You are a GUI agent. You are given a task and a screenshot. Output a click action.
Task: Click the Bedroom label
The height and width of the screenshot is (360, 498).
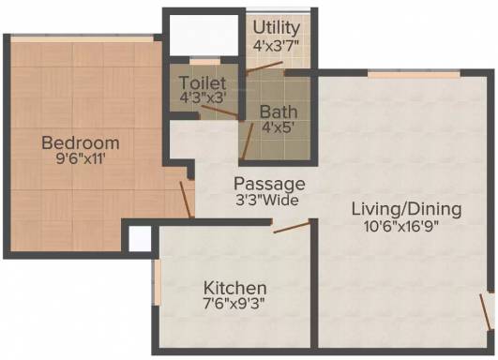click(x=81, y=142)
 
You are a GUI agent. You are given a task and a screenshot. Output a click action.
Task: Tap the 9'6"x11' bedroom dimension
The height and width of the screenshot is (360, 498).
click(x=81, y=158)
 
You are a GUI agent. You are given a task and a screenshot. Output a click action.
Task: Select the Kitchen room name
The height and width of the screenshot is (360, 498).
click(x=235, y=288)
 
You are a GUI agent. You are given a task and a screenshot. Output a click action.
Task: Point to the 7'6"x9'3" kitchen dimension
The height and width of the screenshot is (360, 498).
click(x=234, y=304)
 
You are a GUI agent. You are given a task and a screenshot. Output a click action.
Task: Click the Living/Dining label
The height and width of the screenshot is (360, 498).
click(x=406, y=209)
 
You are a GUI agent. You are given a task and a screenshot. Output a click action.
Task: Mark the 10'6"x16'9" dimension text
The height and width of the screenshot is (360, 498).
click(x=401, y=226)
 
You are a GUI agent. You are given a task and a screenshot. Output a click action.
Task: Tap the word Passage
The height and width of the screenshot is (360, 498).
click(x=269, y=184)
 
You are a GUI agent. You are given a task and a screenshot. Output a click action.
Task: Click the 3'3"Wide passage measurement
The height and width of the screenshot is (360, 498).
click(x=266, y=200)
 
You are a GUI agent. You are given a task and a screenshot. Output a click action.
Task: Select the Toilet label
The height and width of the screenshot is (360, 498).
click(x=203, y=82)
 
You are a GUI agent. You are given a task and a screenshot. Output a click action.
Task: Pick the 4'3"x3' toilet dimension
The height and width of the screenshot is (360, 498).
click(x=203, y=97)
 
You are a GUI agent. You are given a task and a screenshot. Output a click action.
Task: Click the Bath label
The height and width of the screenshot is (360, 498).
click(x=279, y=112)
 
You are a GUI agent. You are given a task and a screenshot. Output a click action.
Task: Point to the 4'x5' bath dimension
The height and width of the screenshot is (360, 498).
click(x=278, y=127)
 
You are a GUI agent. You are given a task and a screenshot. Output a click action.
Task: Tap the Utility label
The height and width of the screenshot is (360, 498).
click(x=277, y=28)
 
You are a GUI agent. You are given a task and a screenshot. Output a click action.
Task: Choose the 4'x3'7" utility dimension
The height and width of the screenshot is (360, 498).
click(x=276, y=45)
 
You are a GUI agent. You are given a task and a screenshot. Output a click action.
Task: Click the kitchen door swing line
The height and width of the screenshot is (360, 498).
click(x=292, y=227)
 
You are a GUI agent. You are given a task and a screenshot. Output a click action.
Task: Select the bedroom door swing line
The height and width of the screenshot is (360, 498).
click(x=185, y=200)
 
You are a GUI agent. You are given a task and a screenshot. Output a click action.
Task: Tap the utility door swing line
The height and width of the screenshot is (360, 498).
click(x=264, y=67)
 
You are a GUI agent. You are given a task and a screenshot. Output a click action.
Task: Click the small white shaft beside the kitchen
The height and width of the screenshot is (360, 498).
click(x=140, y=238)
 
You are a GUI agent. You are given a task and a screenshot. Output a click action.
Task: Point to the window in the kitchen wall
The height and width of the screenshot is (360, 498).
click(x=157, y=282)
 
